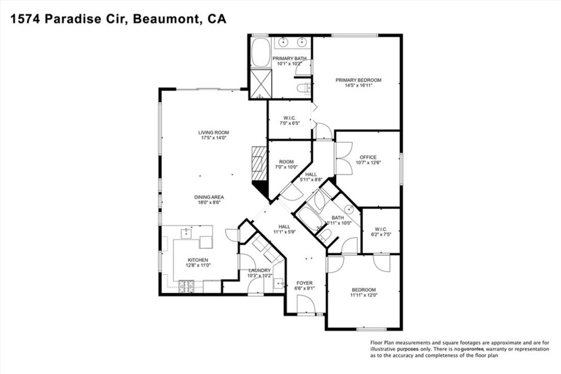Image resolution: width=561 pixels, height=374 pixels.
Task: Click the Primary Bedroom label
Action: [x=358, y=80]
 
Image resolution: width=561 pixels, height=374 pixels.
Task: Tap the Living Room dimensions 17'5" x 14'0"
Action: [x=214, y=138]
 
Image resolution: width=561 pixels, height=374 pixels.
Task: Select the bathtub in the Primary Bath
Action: [x=261, y=53]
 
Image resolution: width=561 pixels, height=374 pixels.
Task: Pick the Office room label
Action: [x=368, y=157]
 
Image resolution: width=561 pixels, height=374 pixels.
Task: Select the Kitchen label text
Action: [x=198, y=260]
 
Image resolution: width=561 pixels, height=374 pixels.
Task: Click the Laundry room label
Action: [x=259, y=270]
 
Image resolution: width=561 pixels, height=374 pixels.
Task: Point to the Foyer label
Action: [x=304, y=283]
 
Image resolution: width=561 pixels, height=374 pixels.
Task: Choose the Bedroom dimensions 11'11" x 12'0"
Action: [x=364, y=295]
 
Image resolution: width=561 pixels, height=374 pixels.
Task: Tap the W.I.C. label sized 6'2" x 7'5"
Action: [x=381, y=229]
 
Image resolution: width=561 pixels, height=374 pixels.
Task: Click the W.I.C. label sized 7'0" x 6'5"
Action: [x=289, y=118]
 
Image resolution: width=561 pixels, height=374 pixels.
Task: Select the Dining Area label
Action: [x=209, y=197]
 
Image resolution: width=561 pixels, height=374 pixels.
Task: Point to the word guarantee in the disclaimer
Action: [x=472, y=349]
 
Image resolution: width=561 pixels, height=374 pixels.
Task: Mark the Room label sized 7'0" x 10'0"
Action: [x=286, y=162]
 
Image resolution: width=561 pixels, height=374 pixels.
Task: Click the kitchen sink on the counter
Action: [x=185, y=233]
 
